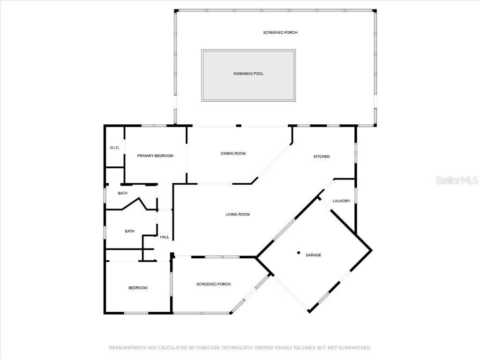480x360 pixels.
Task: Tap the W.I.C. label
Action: click(115, 148)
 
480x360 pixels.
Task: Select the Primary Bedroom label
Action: click(155, 156)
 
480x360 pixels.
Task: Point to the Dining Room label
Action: click(233, 154)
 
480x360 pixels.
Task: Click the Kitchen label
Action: click(322, 157)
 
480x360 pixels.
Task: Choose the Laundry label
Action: click(341, 201)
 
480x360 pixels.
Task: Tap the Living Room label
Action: click(237, 215)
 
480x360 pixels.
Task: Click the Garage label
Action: click(314, 255)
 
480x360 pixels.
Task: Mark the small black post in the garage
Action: click(299, 253)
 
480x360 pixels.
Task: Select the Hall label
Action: click(165, 237)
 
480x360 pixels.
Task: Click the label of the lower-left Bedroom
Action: click(138, 288)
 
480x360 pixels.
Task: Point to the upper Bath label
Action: click(122, 194)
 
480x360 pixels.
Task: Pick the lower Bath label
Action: click(130, 231)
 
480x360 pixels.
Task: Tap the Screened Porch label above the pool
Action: click(280, 33)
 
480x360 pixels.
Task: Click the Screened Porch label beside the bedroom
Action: click(213, 284)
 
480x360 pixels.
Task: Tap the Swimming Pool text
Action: click(248, 74)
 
